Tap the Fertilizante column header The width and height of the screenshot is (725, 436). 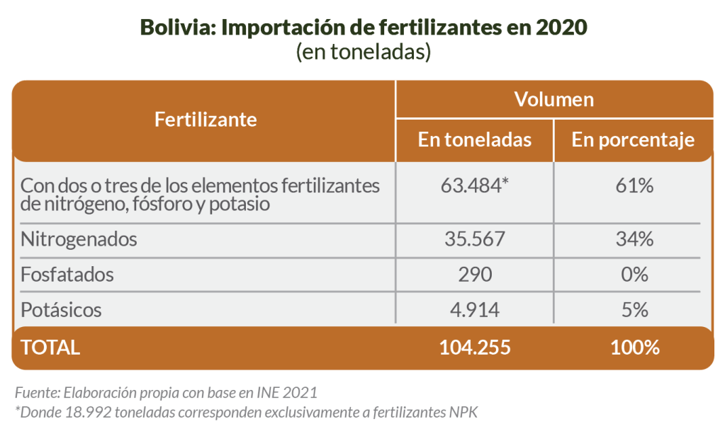pyautogui.click(x=206, y=119)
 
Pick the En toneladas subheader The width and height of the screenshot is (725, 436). pyautogui.click(x=475, y=139)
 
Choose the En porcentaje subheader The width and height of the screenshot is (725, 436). pyautogui.click(x=633, y=139)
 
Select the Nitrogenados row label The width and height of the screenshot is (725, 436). pyautogui.click(x=79, y=239)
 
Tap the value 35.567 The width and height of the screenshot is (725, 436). pyautogui.click(x=475, y=239)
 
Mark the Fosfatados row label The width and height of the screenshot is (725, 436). pyautogui.click(x=67, y=274)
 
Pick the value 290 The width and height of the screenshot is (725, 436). pyautogui.click(x=475, y=274)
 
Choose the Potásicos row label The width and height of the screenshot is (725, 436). pyautogui.click(x=62, y=309)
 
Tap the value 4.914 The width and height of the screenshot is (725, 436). pyautogui.click(x=475, y=309)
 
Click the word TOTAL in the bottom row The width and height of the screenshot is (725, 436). pyautogui.click(x=50, y=348)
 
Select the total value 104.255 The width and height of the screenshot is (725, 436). pyautogui.click(x=475, y=348)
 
